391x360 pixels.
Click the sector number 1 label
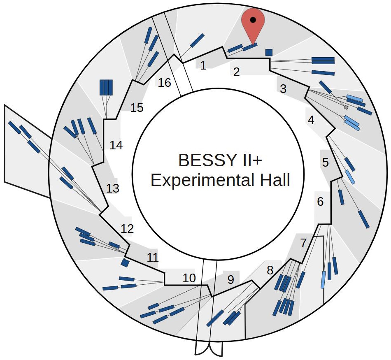click(x=203, y=65)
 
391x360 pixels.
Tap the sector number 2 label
click(x=236, y=72)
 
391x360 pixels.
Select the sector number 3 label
click(x=283, y=88)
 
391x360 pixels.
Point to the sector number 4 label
click(x=311, y=121)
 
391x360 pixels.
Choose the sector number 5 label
click(x=326, y=163)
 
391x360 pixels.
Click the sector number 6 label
click(x=320, y=202)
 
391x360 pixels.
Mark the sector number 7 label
click(x=303, y=243)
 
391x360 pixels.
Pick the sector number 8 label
click(x=270, y=270)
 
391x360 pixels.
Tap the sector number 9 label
click(x=230, y=280)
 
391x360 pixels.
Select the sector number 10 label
click(x=189, y=278)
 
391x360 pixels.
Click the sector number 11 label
click(x=153, y=258)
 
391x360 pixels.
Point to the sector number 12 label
click(x=128, y=229)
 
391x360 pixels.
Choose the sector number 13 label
click(x=112, y=188)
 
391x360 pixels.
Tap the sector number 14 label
click(x=116, y=145)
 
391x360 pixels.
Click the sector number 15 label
click(x=137, y=108)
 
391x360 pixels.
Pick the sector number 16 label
click(x=164, y=83)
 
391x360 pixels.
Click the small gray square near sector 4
click(x=346, y=107)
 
